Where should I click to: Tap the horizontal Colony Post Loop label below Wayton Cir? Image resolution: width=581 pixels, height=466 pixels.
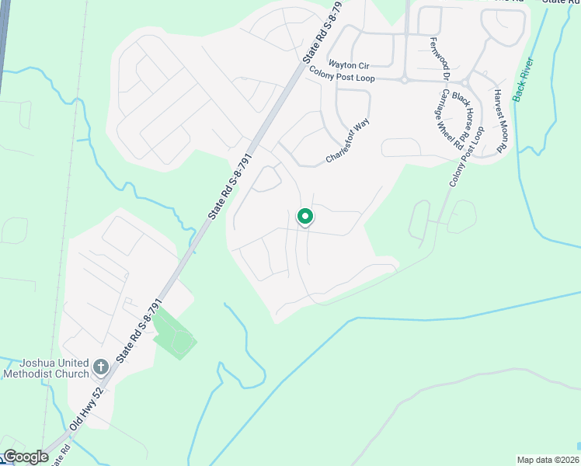point(343,75)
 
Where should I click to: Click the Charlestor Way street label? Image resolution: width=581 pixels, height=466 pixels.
point(346,141)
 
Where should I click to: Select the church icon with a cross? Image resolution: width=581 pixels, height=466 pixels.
point(101,366)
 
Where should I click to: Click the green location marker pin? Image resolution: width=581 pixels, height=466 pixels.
point(305,217)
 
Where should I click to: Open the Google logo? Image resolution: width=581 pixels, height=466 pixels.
point(25,457)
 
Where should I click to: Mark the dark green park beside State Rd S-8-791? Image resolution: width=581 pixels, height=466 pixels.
point(174,334)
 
